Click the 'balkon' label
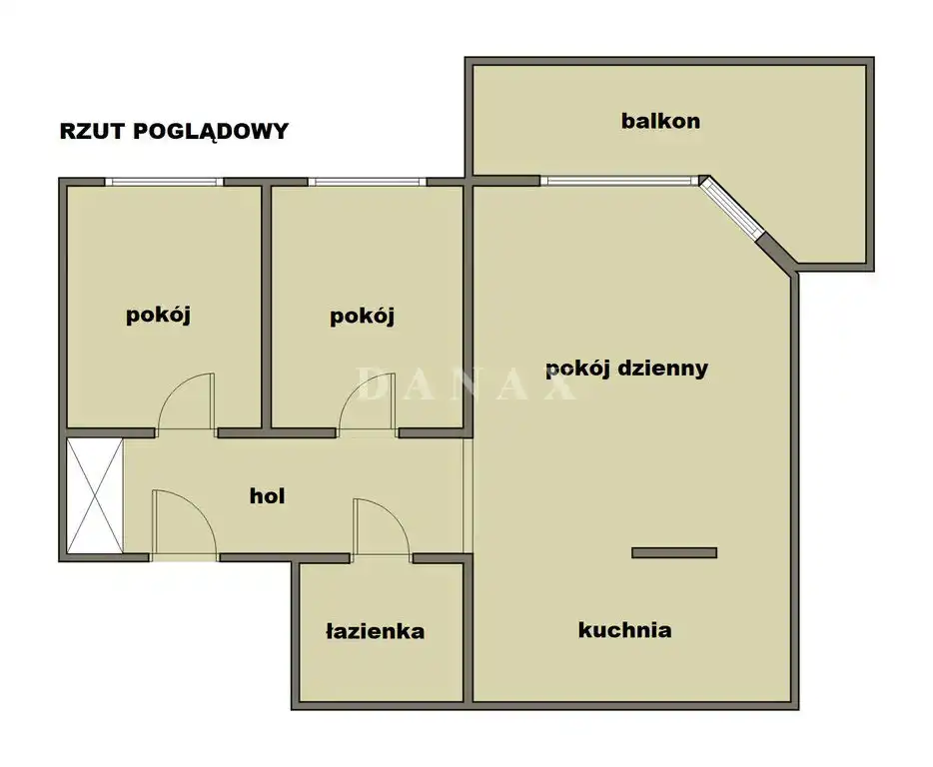(660, 121)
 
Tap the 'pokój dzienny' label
(626, 369)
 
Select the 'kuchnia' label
(624, 629)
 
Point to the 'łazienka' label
(375, 631)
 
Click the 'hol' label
(267, 495)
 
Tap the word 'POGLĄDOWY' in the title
(211, 132)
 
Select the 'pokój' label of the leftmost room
(158, 315)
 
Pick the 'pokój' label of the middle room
(362, 316)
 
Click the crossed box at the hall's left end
(95, 495)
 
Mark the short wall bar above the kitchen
(674, 553)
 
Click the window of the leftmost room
(164, 182)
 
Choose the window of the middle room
(368, 182)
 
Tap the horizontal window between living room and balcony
(619, 181)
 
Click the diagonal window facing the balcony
(730, 208)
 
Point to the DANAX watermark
(466, 384)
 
